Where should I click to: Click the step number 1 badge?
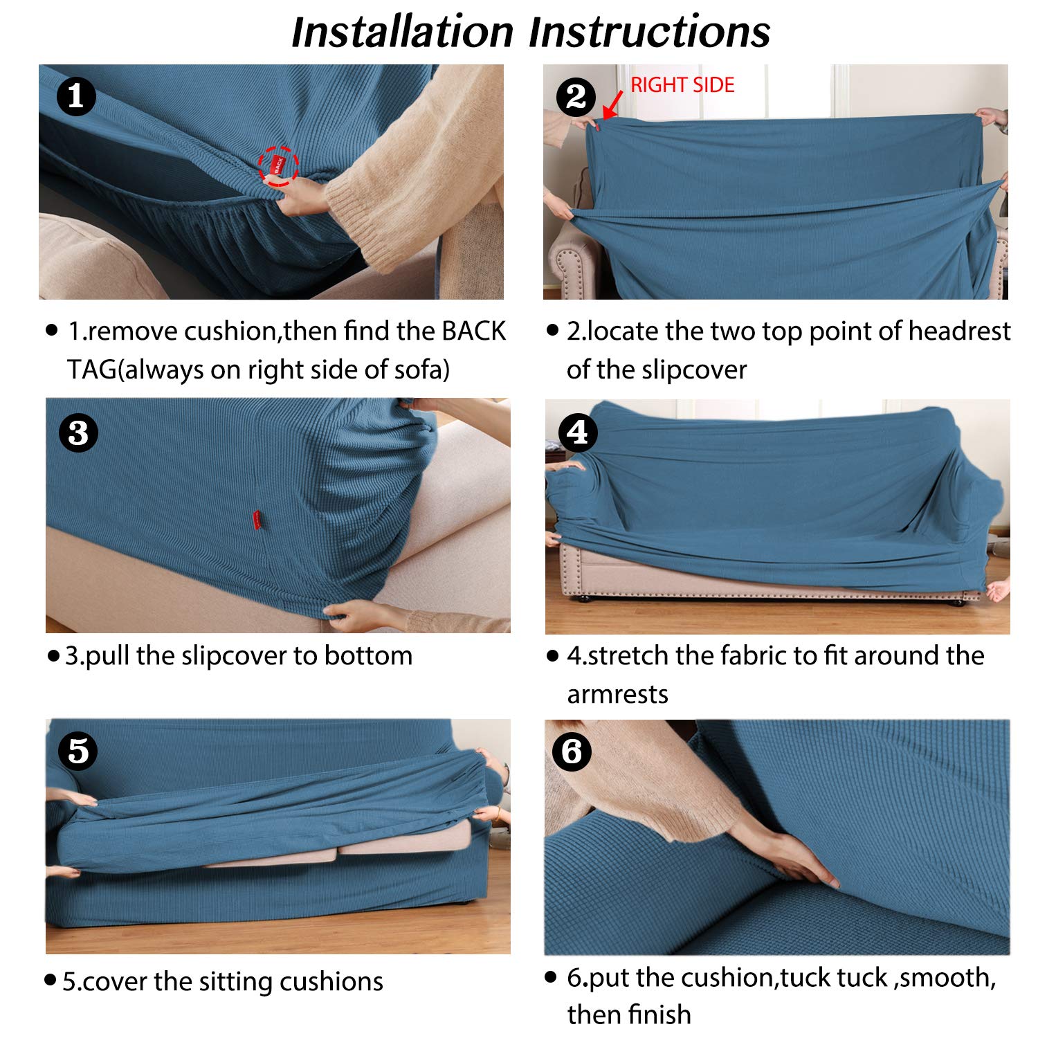point(77,96)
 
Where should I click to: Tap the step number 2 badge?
point(576,97)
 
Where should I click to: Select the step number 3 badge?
point(78,433)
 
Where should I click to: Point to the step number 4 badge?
point(578,432)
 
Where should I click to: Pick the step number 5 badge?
point(78,751)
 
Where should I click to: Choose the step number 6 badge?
point(572,752)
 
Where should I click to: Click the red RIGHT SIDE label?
point(682,85)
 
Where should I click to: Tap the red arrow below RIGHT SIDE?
point(612,104)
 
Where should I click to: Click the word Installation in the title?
point(402,32)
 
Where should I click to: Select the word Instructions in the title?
point(649,32)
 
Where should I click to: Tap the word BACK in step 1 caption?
point(473,331)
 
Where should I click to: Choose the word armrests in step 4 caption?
point(617,694)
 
